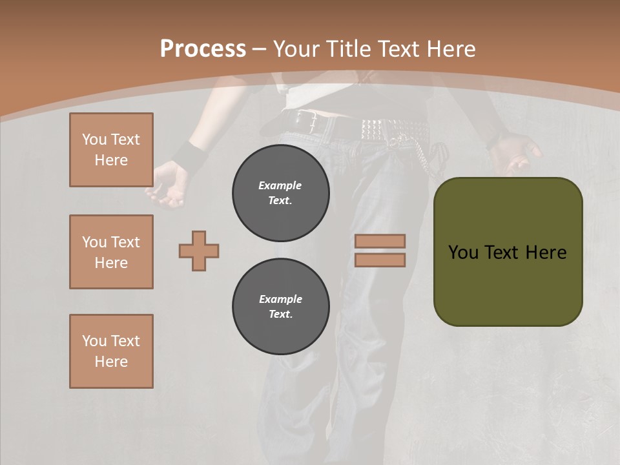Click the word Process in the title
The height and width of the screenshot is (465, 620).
203,49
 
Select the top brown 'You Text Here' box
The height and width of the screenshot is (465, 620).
111,150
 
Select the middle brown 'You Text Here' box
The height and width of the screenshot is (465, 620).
111,252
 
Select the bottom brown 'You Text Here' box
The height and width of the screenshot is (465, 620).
111,351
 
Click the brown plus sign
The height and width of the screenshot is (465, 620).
199,251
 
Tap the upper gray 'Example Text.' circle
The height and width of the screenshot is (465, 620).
280,193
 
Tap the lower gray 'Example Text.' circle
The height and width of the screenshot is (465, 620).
280,307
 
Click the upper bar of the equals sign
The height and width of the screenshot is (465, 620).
380,241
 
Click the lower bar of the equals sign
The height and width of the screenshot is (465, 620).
380,260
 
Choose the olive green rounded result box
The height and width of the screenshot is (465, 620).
508,252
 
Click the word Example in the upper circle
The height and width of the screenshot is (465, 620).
280,185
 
